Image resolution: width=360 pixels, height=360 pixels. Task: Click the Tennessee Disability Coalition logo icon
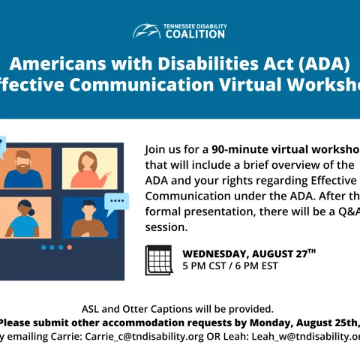point(146,31)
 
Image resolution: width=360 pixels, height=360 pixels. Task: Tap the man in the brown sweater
point(88,218)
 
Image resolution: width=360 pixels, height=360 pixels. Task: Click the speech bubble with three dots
point(116,201)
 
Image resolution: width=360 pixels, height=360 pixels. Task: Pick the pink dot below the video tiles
point(70,247)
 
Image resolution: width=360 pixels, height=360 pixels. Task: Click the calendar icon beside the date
point(158,259)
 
